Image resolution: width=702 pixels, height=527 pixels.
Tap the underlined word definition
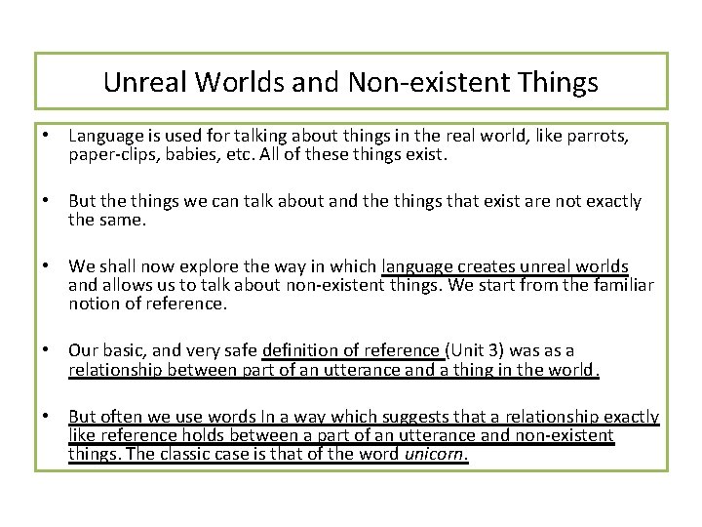pos(299,350)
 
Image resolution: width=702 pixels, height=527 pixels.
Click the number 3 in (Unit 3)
pos(490,350)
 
